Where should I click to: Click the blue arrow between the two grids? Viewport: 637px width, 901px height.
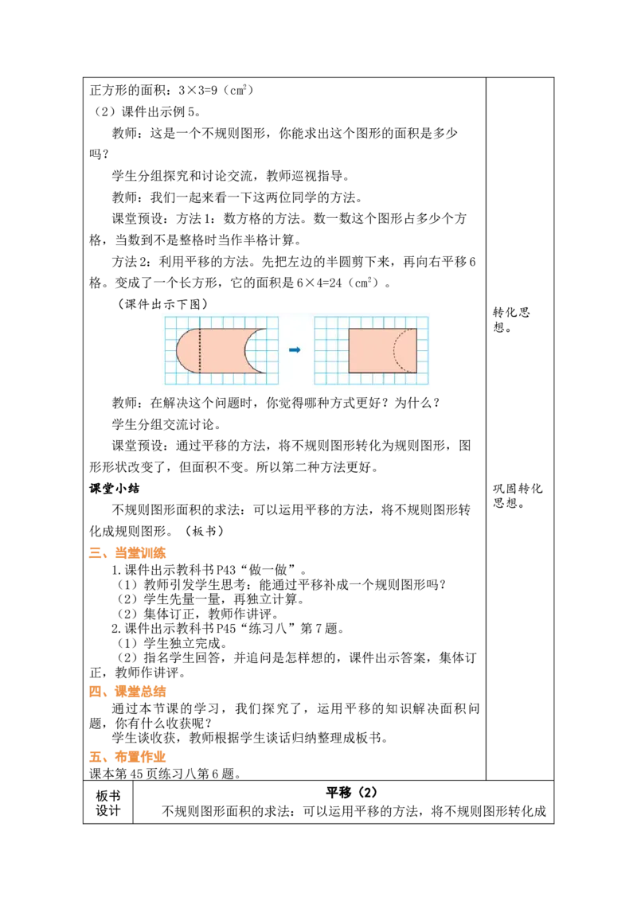tap(295, 349)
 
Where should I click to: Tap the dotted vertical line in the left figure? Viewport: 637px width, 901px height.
tap(200, 350)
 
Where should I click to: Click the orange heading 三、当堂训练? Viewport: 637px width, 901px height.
tap(127, 553)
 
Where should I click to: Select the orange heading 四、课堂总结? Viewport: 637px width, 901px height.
tap(127, 691)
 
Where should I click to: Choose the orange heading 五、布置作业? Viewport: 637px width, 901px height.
tap(127, 757)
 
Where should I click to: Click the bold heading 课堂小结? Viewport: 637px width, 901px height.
tap(115, 489)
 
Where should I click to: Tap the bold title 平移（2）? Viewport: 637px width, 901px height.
tap(351, 793)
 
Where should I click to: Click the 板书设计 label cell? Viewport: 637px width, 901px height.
tap(108, 803)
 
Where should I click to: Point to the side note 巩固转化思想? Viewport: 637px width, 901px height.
tap(518, 495)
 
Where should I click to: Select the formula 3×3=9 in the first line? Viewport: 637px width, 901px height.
tap(197, 90)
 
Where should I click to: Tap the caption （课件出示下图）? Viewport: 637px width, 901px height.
tap(162, 304)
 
